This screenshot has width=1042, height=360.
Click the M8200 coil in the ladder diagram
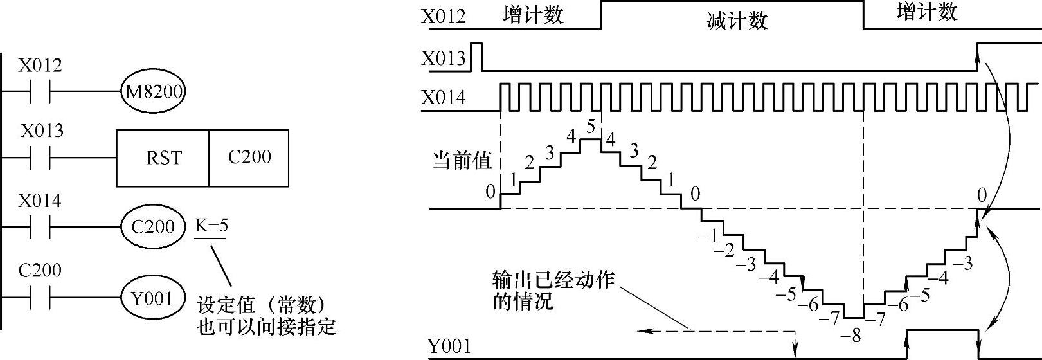pos(152,92)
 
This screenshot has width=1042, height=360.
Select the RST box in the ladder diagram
pos(163,158)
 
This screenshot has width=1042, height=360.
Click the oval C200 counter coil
pos(152,227)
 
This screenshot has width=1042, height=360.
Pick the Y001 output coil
pos(152,298)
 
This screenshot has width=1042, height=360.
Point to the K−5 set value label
pos(211,226)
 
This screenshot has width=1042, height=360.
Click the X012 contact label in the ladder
pos(40,66)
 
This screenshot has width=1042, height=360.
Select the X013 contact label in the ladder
pos(42,131)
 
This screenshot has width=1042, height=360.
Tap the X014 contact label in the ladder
pos(40,201)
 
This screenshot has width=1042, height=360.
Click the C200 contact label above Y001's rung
pos(40,270)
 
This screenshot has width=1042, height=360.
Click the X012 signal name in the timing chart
pos(443,17)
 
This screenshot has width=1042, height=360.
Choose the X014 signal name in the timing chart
pos(443,98)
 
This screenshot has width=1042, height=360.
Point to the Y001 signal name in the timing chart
pos(449,348)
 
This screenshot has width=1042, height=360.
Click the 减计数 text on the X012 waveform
pos(737,21)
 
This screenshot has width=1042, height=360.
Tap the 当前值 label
pos(462,160)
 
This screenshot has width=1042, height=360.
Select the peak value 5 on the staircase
pos(591,127)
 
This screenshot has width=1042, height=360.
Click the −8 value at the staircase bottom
pos(851,335)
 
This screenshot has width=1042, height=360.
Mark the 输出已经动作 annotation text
pos(553,280)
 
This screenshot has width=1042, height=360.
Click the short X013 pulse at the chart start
pos(476,57)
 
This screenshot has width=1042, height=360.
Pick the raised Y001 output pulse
pos(942,331)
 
